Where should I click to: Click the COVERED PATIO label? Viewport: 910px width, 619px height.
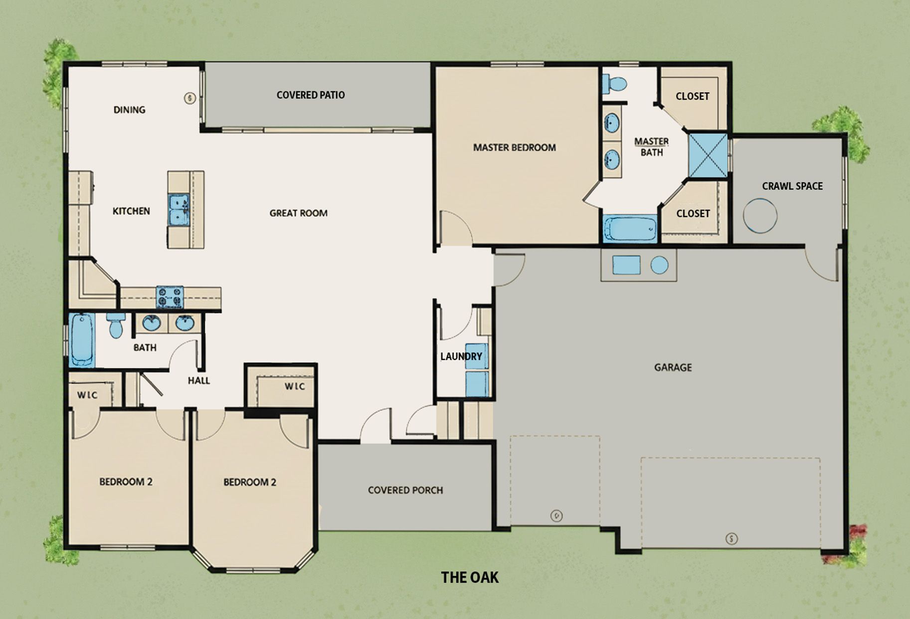coord(311,95)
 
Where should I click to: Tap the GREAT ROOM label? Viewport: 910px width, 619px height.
coord(298,213)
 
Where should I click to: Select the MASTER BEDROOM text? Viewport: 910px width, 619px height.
coord(514,147)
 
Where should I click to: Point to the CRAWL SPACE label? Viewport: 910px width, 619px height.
coord(792,186)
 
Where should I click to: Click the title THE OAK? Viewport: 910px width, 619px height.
coord(470,578)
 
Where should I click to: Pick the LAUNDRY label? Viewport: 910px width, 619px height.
coord(461,356)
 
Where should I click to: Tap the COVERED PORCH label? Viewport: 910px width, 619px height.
coord(405,490)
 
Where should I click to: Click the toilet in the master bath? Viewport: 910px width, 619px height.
coord(614,83)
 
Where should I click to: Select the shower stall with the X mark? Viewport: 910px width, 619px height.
coord(708,155)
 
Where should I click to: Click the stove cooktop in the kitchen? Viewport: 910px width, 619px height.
coord(170,297)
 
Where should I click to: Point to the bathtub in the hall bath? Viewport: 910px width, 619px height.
coord(81,340)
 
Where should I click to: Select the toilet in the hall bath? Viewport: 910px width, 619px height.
coord(115,325)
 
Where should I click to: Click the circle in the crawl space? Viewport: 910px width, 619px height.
coord(760,216)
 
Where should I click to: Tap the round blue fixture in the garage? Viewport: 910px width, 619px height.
coord(659,265)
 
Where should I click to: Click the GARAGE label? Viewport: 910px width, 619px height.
coord(673,368)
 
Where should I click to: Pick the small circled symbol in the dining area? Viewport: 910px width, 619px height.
coord(189,98)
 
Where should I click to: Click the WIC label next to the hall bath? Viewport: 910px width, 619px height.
coord(87,395)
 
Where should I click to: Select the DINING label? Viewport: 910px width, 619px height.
coord(129,110)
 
